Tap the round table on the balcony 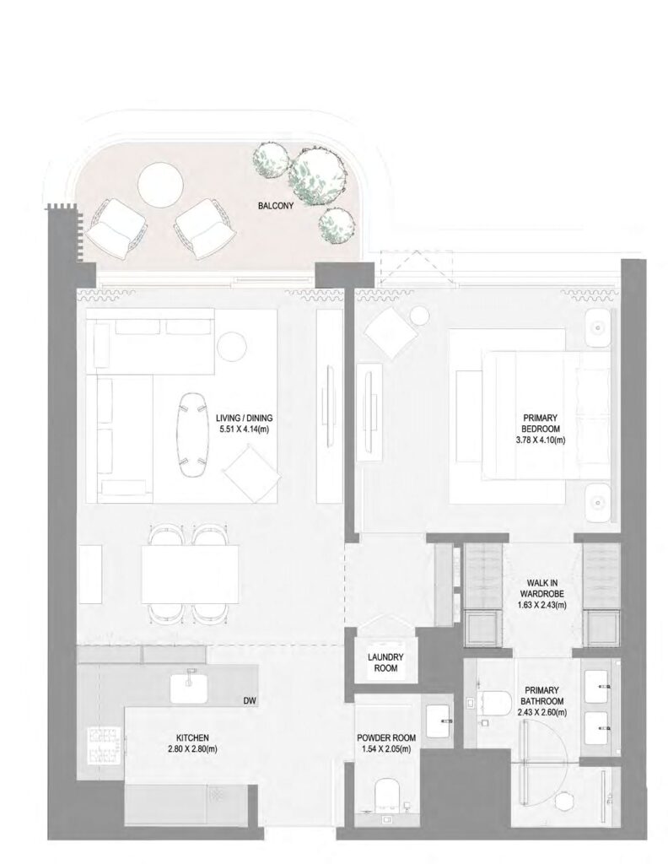[161, 184]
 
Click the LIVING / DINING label [245, 418]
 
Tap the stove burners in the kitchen [103, 744]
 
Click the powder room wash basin [440, 721]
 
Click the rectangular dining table [190, 574]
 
